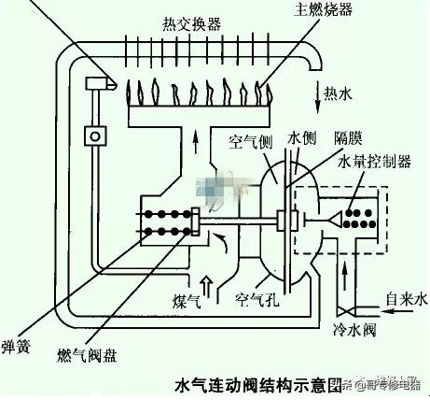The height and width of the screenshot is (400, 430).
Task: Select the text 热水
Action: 340,93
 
